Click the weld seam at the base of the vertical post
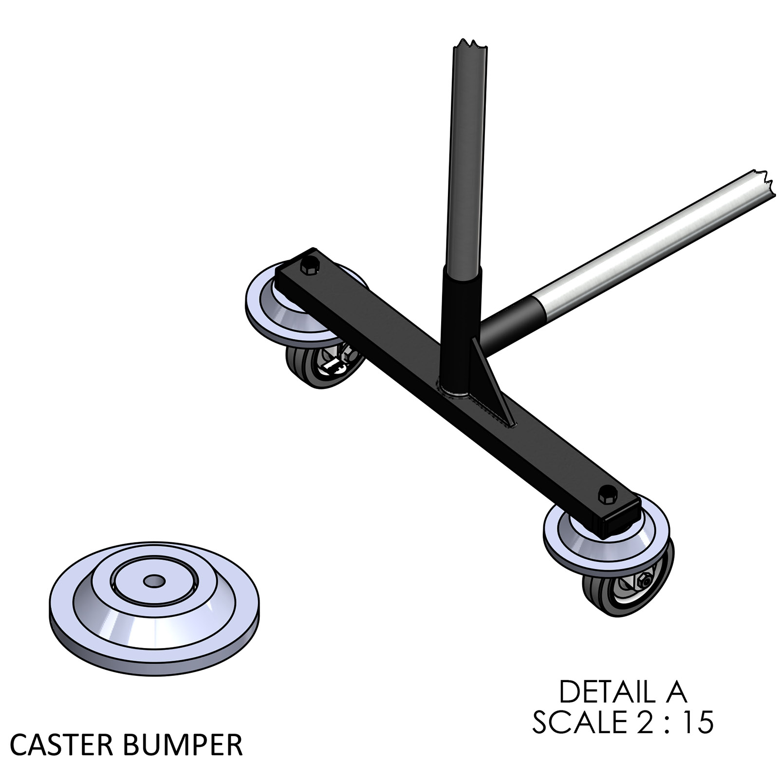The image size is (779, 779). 455,389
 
